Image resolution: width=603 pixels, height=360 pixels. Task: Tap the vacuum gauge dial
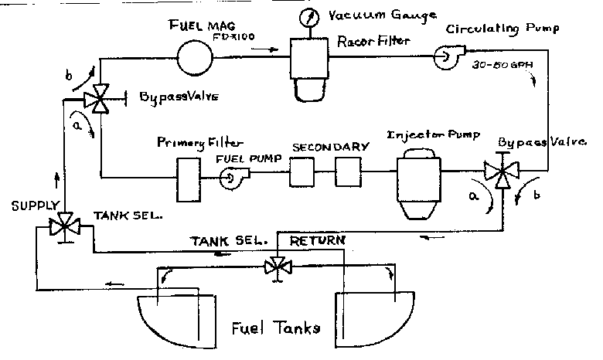pyautogui.click(x=311, y=17)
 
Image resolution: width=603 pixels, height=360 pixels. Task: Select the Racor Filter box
pyautogui.click(x=311, y=56)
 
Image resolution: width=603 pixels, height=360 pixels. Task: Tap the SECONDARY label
pyautogui.click(x=320, y=146)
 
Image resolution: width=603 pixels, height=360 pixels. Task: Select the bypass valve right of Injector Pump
pyautogui.click(x=502, y=173)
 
